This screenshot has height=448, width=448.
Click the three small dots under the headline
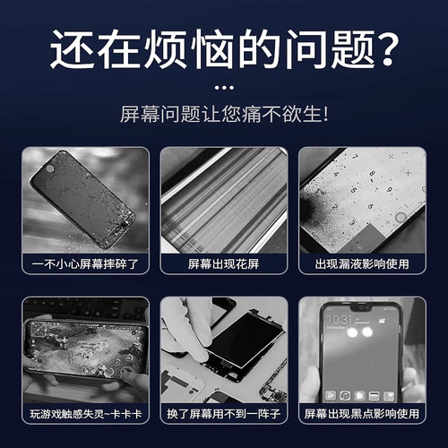(224, 88)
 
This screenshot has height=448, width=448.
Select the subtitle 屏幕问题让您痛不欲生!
(224, 115)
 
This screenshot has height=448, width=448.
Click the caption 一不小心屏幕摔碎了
(79, 265)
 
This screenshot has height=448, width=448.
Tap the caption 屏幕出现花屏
(224, 265)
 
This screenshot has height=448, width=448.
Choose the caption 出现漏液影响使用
(367, 265)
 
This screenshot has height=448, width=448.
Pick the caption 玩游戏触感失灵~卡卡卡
(79, 414)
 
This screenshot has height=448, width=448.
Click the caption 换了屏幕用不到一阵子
(224, 414)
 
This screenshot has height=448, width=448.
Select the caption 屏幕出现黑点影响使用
(367, 414)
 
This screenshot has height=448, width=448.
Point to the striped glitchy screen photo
(224, 202)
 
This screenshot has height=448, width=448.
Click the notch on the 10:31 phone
(362, 307)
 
